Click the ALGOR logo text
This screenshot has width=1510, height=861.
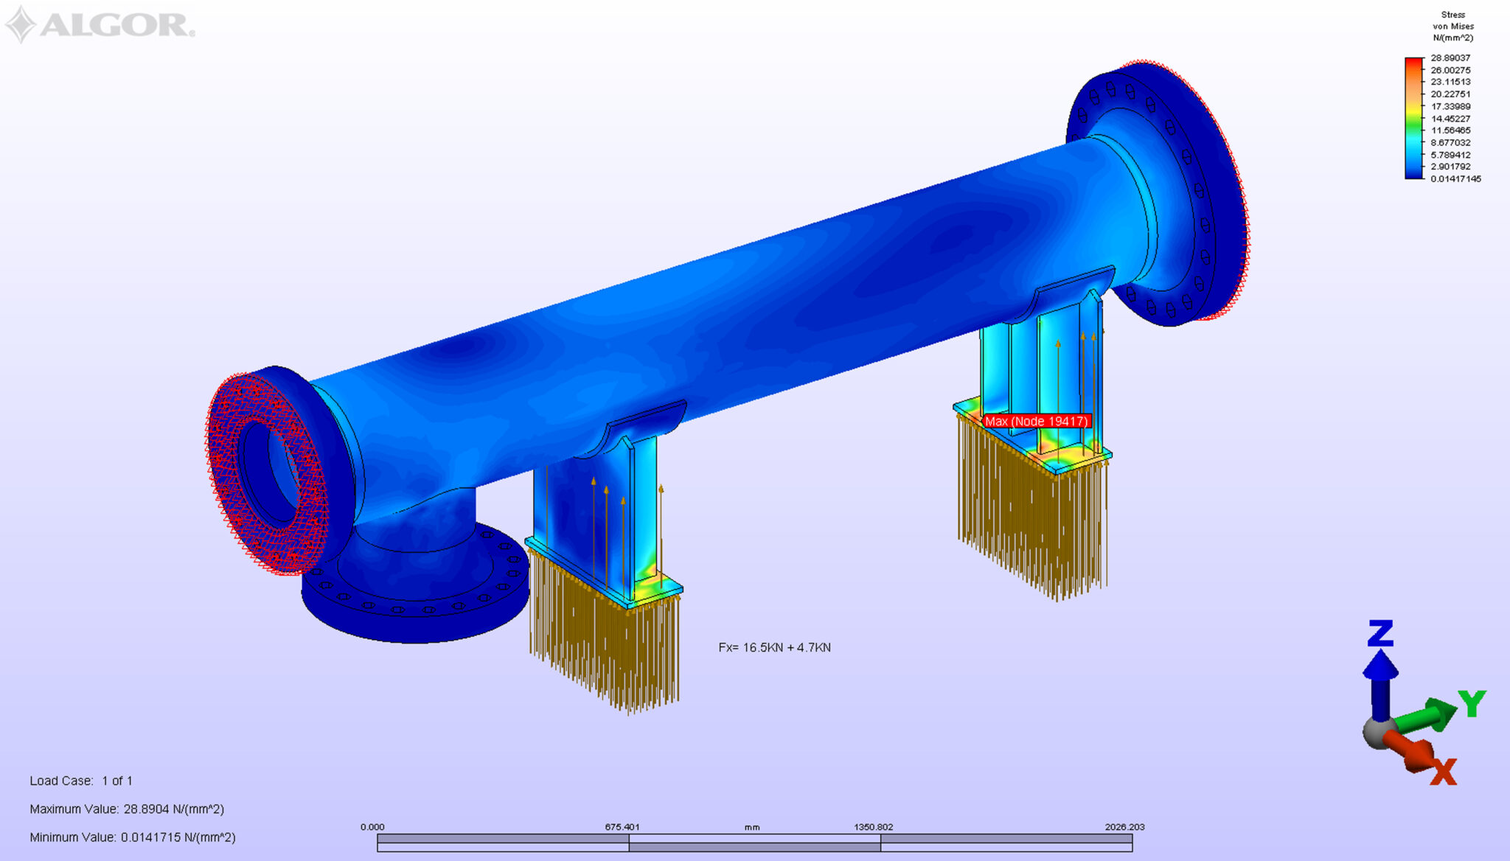click(x=116, y=24)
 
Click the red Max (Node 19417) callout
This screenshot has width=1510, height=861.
click(x=1036, y=421)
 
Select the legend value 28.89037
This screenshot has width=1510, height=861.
click(x=1450, y=57)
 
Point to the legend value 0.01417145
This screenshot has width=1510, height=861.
click(x=1455, y=178)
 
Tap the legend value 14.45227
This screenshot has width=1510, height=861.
click(x=1450, y=118)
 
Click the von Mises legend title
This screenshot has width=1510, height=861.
click(x=1452, y=26)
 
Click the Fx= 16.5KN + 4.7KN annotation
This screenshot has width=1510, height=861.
click(x=774, y=647)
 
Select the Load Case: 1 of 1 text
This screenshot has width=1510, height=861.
click(x=81, y=781)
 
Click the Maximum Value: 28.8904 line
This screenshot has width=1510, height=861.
click(x=127, y=809)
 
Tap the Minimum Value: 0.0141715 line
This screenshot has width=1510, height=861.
click(x=133, y=837)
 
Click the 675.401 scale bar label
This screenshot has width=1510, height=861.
click(x=622, y=827)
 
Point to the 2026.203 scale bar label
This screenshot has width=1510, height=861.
click(x=1124, y=827)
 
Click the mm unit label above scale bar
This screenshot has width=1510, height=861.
click(x=751, y=827)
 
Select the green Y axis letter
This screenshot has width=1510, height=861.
click(x=1471, y=704)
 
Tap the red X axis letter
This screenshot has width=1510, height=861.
click(x=1443, y=773)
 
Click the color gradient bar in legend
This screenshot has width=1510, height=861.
click(x=1413, y=118)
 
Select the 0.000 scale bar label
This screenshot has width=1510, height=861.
click(x=372, y=827)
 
